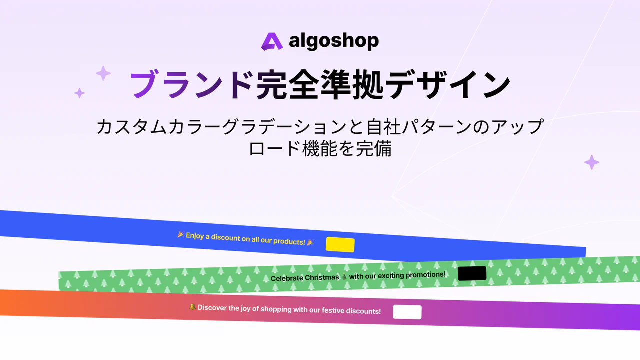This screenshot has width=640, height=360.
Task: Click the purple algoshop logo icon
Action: point(272,41)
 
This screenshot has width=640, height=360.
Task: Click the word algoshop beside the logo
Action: point(333,41)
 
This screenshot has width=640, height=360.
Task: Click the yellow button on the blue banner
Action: point(340,245)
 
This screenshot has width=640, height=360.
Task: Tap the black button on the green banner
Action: point(472,273)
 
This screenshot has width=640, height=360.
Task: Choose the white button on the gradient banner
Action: point(407,312)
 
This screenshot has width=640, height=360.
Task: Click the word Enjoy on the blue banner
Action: point(194,235)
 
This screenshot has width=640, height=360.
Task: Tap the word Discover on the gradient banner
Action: point(211,308)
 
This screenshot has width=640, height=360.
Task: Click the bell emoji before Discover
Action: point(192,307)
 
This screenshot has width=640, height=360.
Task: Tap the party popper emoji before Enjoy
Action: point(181,234)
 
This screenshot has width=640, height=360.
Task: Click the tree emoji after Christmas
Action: point(344,277)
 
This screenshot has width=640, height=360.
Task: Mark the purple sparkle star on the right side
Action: point(591,162)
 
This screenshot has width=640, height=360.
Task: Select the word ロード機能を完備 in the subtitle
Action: point(320,149)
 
